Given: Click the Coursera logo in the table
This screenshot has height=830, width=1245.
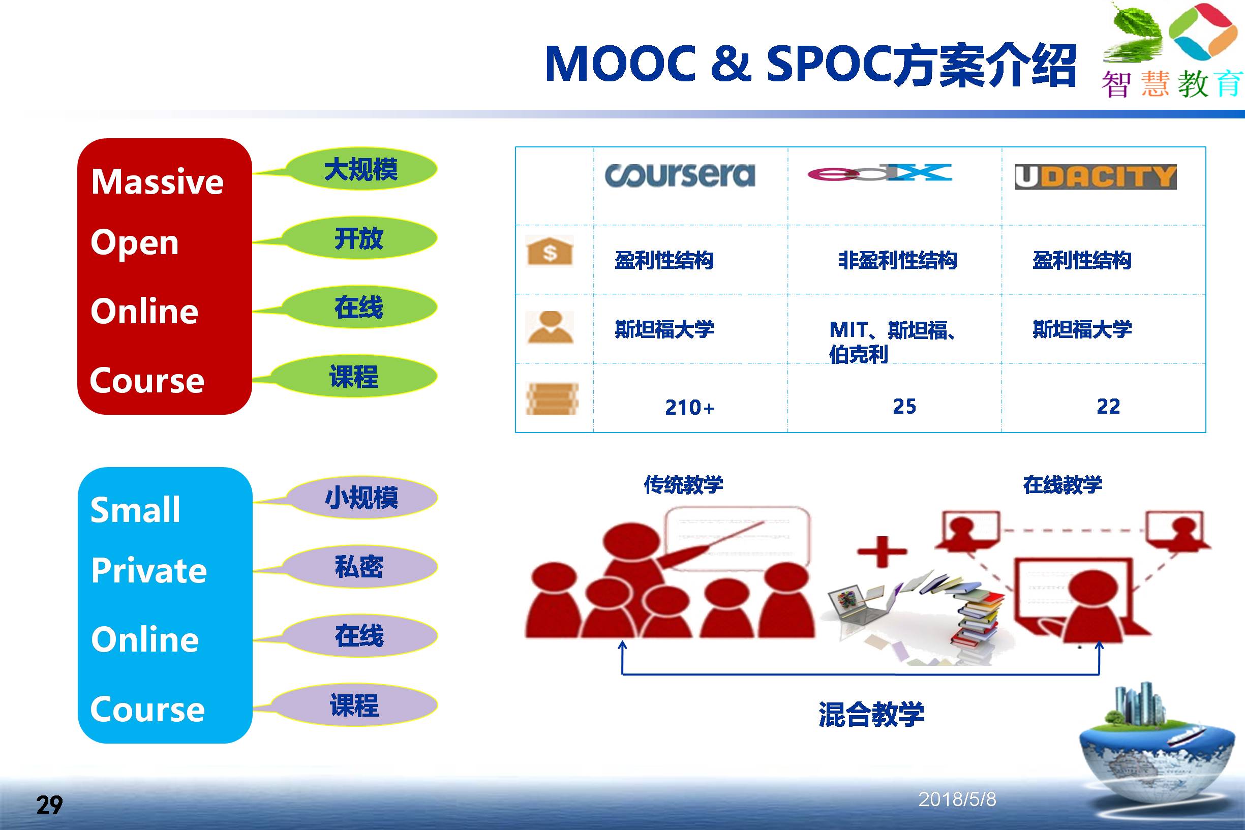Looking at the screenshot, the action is (x=680, y=175).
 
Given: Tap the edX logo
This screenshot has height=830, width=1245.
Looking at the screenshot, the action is (x=879, y=173).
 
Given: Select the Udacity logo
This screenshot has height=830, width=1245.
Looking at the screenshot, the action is (x=1096, y=177).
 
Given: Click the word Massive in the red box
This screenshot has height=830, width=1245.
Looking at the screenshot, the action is (x=157, y=181).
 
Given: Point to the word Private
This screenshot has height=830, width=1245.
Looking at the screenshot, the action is (x=149, y=570).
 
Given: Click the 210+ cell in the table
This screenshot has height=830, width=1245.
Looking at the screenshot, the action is (x=690, y=407).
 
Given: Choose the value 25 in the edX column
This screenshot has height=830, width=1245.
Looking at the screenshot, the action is (x=904, y=406).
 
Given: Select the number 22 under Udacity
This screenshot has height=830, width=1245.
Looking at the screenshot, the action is (x=1108, y=406).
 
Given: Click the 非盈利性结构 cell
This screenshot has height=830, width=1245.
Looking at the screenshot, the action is (x=897, y=260).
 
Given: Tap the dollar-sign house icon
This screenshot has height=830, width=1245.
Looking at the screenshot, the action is (x=550, y=251).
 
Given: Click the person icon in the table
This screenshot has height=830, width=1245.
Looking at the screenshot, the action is (x=550, y=327).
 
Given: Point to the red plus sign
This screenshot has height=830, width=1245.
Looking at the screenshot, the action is (x=882, y=551).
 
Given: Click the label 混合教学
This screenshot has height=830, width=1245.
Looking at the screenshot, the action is (x=871, y=714).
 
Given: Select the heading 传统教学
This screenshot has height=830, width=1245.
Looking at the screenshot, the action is (x=683, y=484).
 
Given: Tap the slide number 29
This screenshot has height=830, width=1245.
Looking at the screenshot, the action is (x=49, y=805).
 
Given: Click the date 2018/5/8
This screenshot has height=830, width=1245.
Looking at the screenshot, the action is (x=957, y=800).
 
